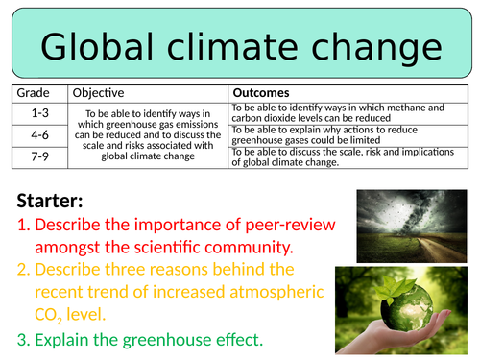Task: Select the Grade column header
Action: tap(32, 93)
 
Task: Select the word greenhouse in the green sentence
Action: tap(173, 339)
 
